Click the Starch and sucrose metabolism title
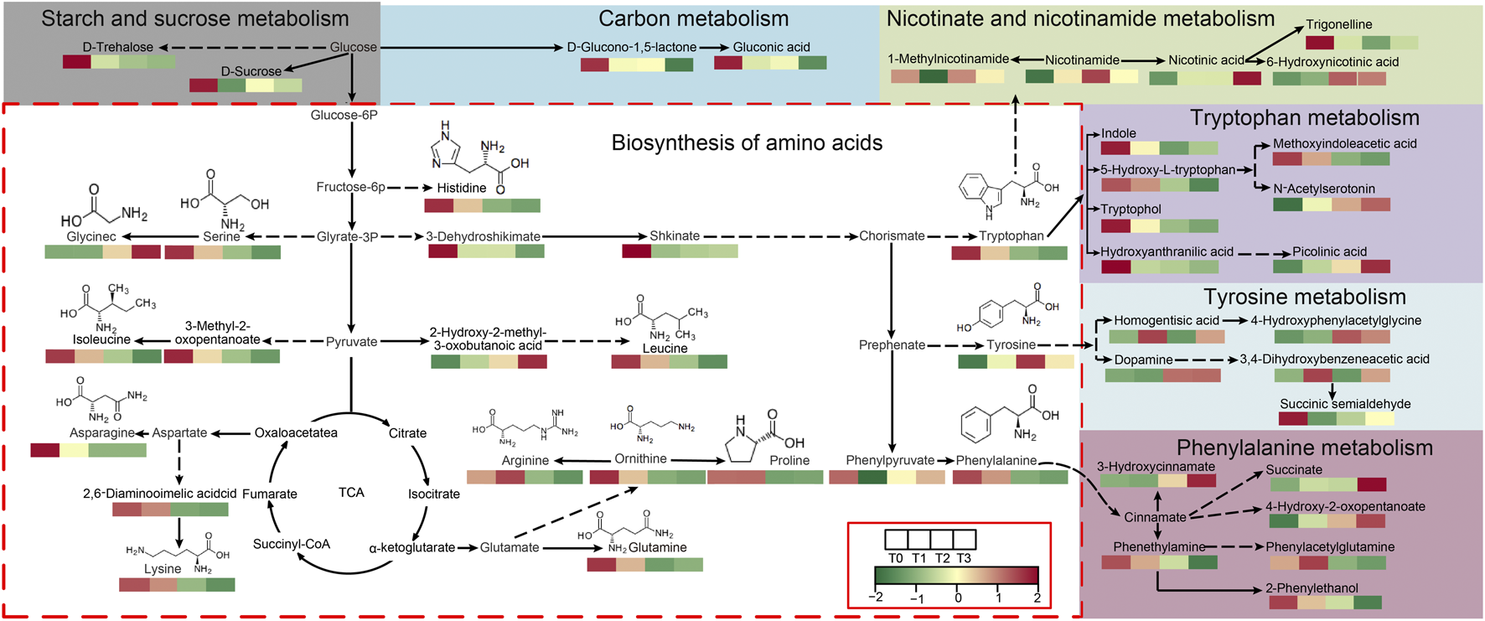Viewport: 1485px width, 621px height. pyautogui.click(x=194, y=18)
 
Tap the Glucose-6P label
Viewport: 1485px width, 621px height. pyautogui.click(x=344, y=115)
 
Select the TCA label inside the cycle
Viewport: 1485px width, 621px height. pyautogui.click(x=351, y=492)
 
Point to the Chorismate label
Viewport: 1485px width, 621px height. pyautogui.click(x=892, y=236)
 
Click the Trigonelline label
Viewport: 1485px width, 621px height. pyautogui.click(x=1338, y=24)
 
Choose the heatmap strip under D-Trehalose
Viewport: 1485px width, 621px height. pyautogui.click(x=119, y=62)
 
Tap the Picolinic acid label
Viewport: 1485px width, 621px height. pyautogui.click(x=1329, y=251)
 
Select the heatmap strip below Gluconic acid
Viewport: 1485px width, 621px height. pyautogui.click(x=770, y=63)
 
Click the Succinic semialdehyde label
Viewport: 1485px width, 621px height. pyautogui.click(x=1344, y=404)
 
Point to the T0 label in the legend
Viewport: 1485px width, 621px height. pyautogui.click(x=895, y=558)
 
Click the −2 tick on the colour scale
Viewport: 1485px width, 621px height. pyautogui.click(x=876, y=598)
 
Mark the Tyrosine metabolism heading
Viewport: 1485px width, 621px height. pyautogui.click(x=1304, y=297)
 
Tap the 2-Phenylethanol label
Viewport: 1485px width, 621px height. pyautogui.click(x=1311, y=588)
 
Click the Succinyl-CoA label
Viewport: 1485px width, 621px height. pyautogui.click(x=291, y=544)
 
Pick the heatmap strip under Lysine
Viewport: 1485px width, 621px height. pyautogui.click(x=177, y=585)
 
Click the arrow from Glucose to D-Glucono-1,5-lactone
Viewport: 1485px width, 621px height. pyautogui.click(x=469, y=47)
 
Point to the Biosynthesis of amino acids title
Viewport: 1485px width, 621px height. pyautogui.click(x=746, y=142)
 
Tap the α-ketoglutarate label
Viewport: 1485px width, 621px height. pyautogui.click(x=411, y=548)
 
